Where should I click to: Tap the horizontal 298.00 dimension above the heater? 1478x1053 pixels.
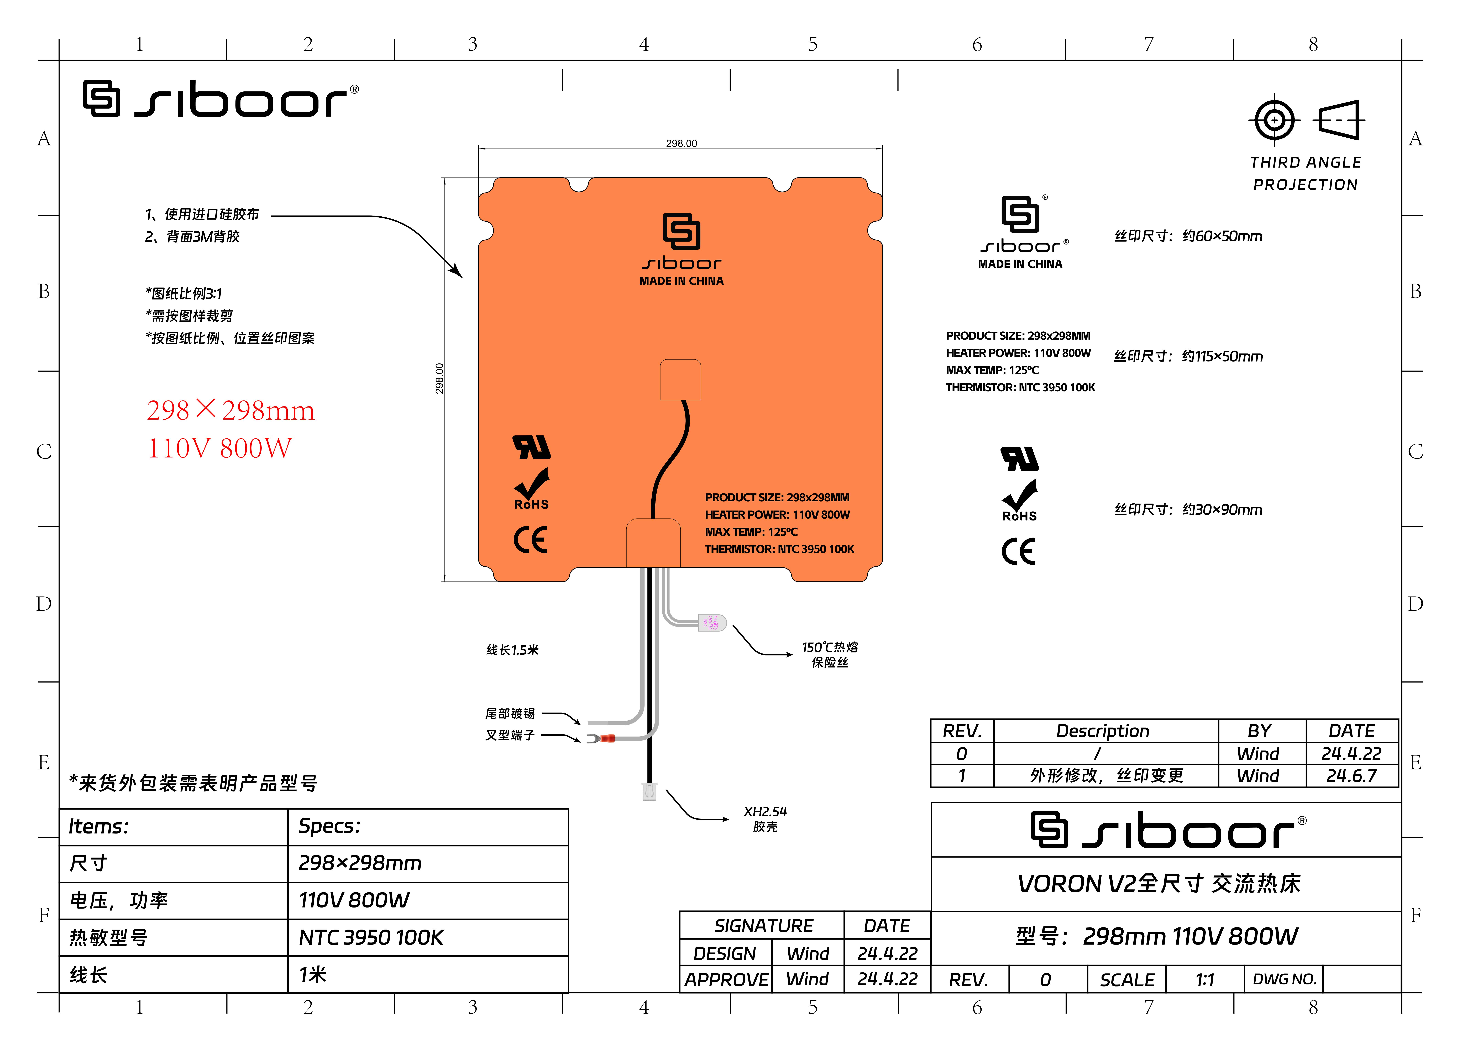click(x=681, y=143)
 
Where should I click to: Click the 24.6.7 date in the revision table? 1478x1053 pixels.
click(x=1351, y=775)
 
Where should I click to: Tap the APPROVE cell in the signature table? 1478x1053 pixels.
click(x=726, y=980)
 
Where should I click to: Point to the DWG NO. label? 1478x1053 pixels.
click(x=1283, y=979)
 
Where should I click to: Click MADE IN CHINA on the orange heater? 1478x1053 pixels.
click(x=681, y=281)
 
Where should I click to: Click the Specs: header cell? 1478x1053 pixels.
click(x=329, y=826)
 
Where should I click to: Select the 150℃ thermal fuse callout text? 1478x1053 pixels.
click(x=830, y=654)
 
